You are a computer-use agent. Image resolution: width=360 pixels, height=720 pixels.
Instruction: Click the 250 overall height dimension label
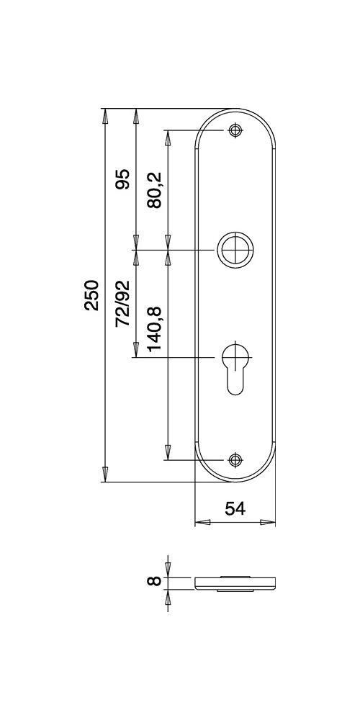[x=92, y=294]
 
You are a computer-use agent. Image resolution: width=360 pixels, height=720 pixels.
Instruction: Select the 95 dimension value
[x=122, y=179]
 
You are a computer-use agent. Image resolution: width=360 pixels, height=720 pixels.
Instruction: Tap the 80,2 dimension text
[x=155, y=191]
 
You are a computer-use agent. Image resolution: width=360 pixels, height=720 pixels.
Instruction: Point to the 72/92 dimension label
[x=122, y=304]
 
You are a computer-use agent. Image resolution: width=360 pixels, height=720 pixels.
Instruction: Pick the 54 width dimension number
[x=235, y=508]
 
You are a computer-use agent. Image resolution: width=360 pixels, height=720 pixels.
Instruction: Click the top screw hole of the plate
[x=235, y=130]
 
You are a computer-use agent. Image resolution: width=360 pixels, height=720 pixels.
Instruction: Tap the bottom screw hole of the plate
[x=235, y=459]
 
